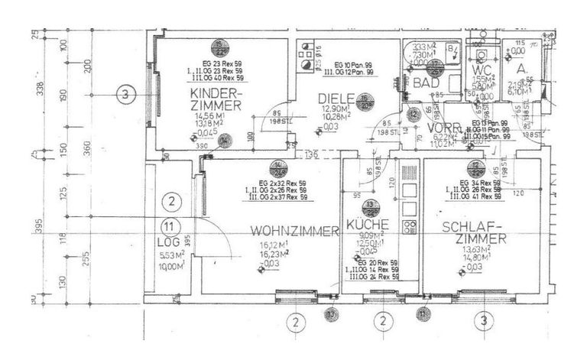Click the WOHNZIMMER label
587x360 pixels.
294,231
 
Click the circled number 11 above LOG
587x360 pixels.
171,226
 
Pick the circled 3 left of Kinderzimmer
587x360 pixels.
127,95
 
